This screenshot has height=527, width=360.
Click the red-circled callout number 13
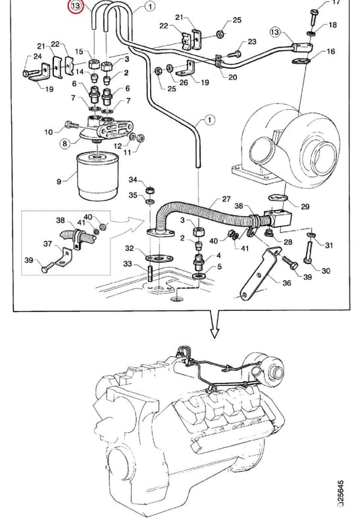(76, 6)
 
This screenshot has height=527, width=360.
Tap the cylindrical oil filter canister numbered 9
(97, 176)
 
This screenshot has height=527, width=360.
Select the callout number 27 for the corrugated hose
(226, 199)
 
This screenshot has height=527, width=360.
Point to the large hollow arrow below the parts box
(215, 324)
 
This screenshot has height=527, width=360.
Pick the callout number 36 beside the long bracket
(286, 283)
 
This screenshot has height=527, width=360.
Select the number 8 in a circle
(64, 144)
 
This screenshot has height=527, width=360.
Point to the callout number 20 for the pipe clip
(233, 77)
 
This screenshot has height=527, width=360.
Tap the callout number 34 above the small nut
(133, 180)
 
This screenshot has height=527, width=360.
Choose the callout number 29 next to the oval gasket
(305, 206)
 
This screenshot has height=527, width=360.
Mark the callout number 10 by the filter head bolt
(49, 132)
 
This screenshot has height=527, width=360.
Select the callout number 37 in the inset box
(47, 243)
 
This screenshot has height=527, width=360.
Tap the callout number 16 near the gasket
(331, 51)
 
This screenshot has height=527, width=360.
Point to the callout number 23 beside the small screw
(252, 42)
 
